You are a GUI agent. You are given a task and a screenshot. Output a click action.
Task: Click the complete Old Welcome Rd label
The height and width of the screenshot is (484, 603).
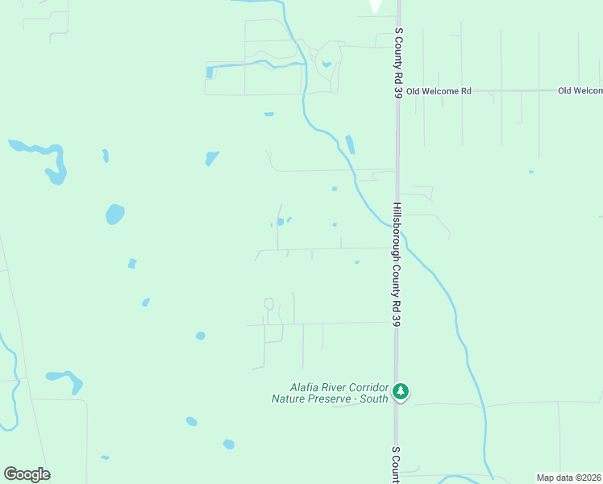click(439, 91)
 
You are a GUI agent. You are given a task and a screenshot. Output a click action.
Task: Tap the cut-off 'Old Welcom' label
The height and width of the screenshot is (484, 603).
click(580, 91)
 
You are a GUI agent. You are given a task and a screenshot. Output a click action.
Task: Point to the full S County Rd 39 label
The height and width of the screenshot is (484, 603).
click(398, 64)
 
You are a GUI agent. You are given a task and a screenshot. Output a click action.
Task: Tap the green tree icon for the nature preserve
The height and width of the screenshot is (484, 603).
click(401, 392)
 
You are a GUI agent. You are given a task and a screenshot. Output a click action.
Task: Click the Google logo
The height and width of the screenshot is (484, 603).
click(27, 474)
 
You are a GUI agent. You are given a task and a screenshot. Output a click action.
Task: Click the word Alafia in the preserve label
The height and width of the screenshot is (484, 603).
click(306, 387)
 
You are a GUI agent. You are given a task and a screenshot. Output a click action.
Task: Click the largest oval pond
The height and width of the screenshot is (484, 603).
click(115, 215)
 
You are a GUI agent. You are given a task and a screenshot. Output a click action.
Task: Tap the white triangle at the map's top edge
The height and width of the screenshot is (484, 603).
click(376, 6)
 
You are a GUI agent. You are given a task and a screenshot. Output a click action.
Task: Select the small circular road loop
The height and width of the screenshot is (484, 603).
click(268, 304)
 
